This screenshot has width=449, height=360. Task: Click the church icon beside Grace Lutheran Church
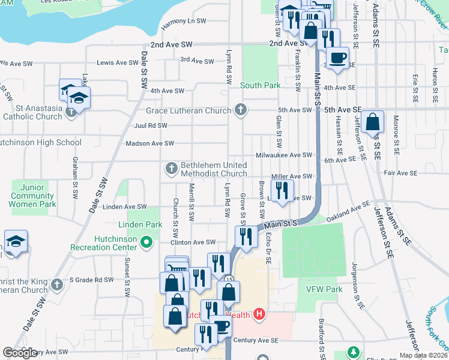(x=241, y=110)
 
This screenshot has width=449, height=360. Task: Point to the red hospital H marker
(x=259, y=313)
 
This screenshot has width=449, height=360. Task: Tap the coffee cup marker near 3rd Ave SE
(x=337, y=58)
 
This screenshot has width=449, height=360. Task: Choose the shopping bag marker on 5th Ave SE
(x=373, y=122)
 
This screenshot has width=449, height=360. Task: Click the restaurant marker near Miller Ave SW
(x=282, y=191)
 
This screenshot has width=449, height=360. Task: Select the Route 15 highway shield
(x=229, y=279)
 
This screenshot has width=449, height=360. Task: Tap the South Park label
(x=261, y=85)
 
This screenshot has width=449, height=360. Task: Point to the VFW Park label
(x=324, y=289)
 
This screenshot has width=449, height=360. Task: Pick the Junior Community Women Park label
(x=33, y=196)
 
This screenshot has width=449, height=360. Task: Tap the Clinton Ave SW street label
(x=193, y=242)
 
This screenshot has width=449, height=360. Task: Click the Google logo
(x=20, y=353)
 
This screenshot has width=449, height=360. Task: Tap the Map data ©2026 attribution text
(x=422, y=355)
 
